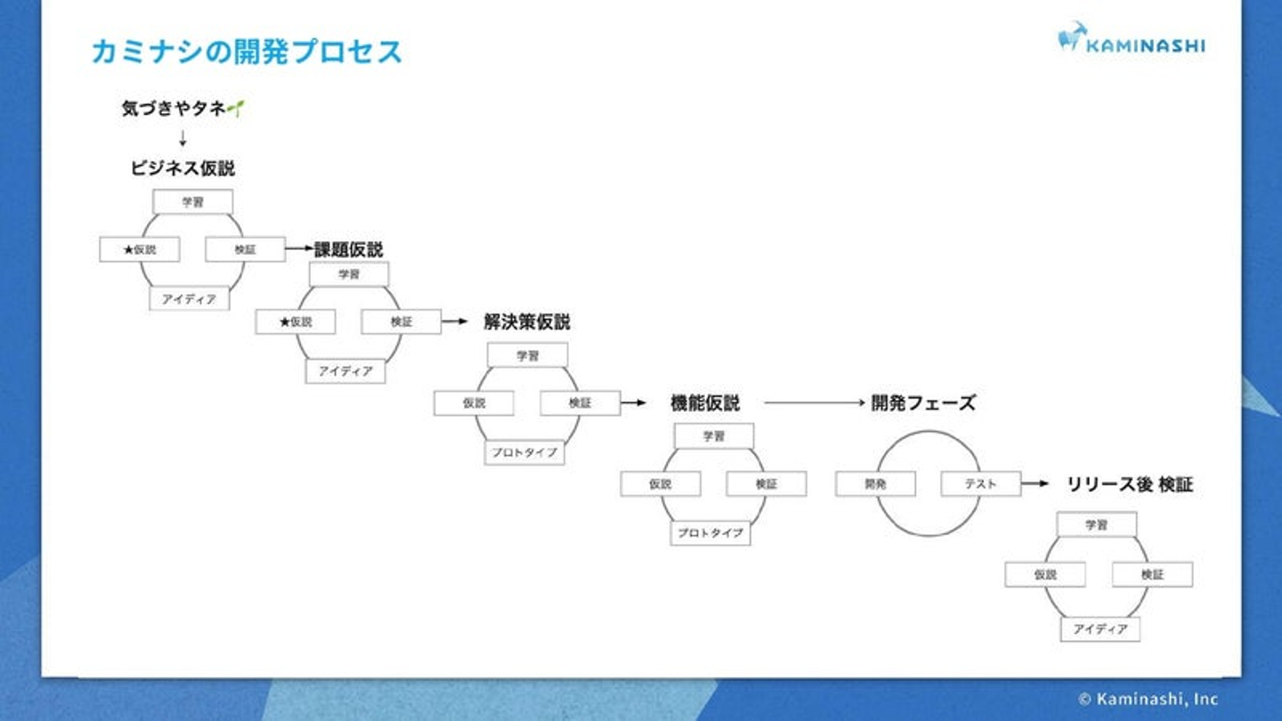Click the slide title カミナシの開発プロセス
coord(247,52)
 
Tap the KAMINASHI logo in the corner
coord(1131,39)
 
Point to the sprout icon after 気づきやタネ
coord(236,109)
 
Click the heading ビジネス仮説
coord(183,168)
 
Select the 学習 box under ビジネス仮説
coord(192,202)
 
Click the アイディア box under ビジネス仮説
coord(189,299)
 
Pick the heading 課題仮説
coord(349,249)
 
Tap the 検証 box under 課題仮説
coord(401,322)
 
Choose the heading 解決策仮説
coord(527,322)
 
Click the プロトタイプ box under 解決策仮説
coord(524,452)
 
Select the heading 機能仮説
coord(705,403)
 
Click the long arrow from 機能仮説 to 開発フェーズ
coord(814,403)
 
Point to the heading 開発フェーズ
coord(923,403)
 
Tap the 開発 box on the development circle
coord(875,484)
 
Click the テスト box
coord(980,484)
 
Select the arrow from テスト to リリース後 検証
coord(1035,484)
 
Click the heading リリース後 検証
coord(1130,485)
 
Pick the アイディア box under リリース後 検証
coord(1099,629)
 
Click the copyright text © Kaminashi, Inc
coord(1148,700)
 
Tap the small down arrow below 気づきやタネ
coord(183,138)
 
